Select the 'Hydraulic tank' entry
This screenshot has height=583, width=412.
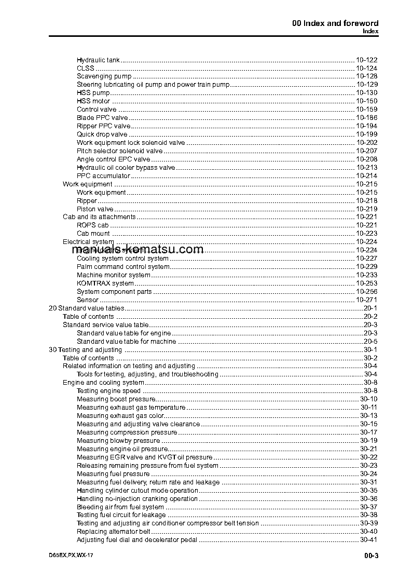(98, 60)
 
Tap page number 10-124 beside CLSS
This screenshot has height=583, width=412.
(366, 69)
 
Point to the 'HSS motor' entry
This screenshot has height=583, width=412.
(93, 101)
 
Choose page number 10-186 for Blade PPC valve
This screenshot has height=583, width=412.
(366, 118)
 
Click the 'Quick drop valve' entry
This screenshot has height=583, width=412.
(102, 134)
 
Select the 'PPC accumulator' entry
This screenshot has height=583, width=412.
(103, 176)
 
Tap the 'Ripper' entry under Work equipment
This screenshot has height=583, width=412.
(87, 201)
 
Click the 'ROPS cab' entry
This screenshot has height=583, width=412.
(92, 225)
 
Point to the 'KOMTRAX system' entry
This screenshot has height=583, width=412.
(105, 283)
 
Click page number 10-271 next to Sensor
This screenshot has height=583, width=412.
(366, 300)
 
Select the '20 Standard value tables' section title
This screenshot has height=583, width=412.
(86, 308)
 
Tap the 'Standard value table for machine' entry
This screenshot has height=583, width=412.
(126, 342)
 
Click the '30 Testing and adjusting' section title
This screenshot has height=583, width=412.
(85, 350)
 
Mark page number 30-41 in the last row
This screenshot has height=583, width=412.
(368, 540)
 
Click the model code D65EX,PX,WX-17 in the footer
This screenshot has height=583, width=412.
(71, 555)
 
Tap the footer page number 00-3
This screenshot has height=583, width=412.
(371, 556)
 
